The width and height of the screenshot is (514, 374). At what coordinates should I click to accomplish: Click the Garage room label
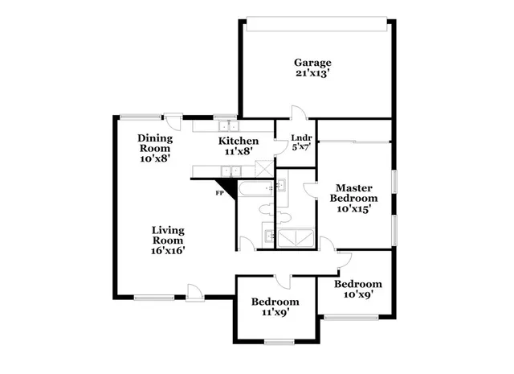point(312,63)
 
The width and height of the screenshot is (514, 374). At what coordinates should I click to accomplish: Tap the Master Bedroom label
point(355,193)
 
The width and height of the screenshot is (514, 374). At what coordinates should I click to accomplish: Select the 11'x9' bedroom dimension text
point(275,313)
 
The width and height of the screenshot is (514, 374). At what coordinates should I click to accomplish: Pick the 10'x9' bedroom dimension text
point(357,295)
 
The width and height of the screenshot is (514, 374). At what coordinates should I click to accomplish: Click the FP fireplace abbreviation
point(218,193)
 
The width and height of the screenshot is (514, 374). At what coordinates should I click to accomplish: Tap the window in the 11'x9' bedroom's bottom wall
point(279,342)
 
